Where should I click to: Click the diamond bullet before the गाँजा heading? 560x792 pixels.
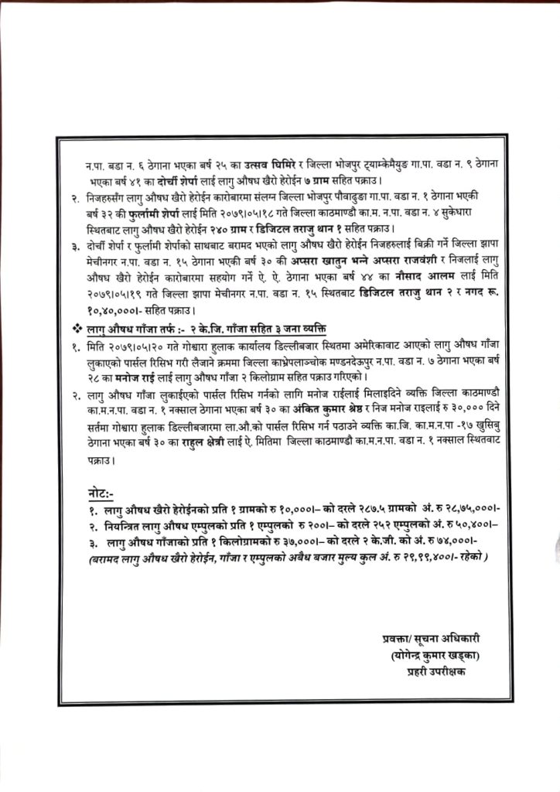(x=77, y=325)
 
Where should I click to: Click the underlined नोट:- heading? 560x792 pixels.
(x=101, y=493)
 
